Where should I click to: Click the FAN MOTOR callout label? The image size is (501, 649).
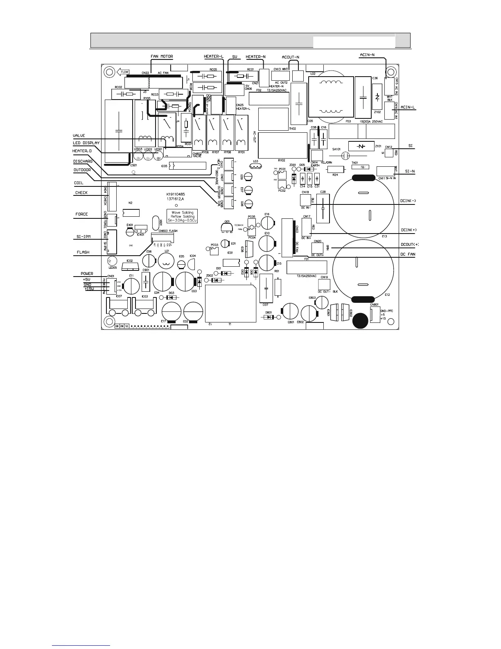162,57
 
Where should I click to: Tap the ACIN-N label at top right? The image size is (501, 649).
369,54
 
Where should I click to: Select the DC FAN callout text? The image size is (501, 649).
407,254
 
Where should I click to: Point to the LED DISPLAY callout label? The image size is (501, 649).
86,143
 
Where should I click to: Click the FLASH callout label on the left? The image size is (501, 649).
83,252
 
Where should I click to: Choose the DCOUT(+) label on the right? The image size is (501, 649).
409,245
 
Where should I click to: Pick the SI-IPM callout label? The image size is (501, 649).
83,237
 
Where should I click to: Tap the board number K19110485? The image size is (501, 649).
177,194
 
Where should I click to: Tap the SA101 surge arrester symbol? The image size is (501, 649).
345,156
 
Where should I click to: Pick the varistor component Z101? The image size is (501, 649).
360,146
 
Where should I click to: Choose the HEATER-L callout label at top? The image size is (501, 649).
214,56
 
